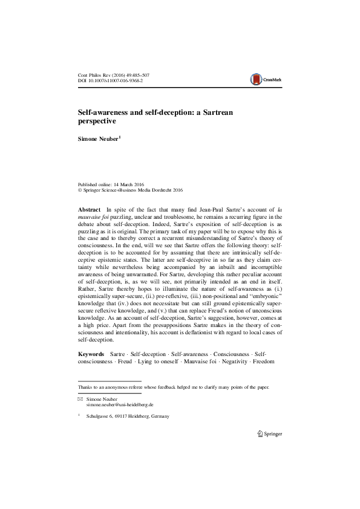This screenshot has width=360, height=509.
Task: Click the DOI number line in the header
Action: pyautogui.click(x=111, y=80)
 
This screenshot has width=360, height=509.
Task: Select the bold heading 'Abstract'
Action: pyautogui.click(x=90, y=207)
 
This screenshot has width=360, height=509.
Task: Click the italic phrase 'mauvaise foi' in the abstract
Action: pyautogui.click(x=97, y=215)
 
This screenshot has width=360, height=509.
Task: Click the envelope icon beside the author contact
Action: pyautogui.click(x=80, y=400)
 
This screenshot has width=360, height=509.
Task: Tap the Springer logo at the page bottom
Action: pyautogui.click(x=269, y=433)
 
